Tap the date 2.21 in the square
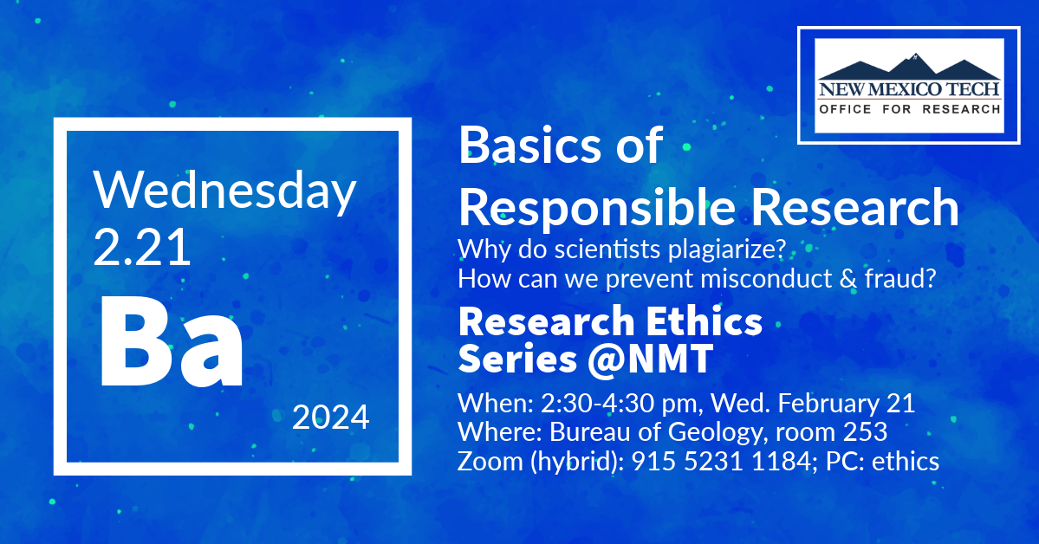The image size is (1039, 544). pos(142,248)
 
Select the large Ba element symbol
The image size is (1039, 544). pos(172,343)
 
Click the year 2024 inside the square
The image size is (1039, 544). pos(331,418)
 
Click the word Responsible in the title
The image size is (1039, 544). pos(596,208)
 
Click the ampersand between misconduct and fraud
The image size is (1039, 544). pos(848,279)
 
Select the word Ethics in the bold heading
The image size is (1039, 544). pos(704,321)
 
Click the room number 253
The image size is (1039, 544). pos(865,432)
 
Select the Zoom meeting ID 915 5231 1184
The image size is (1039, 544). pos(721,461)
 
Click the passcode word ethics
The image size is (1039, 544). pos(906,461)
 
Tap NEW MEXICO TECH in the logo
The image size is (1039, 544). pos(909,88)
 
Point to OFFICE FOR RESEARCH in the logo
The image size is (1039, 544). pos(909,109)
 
